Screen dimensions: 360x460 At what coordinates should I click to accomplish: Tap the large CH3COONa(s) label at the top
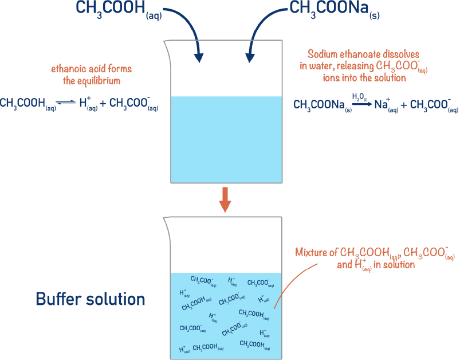coord(335,9)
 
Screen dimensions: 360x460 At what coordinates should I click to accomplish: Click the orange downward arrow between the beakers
coord(225,198)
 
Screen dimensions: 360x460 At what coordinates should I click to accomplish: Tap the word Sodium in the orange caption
coord(323,54)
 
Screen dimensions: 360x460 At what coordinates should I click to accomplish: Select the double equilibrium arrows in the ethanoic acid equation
coord(66,103)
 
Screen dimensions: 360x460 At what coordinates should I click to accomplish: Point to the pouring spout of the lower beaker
coord(166,221)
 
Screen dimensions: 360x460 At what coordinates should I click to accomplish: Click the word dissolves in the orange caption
coord(400,54)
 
